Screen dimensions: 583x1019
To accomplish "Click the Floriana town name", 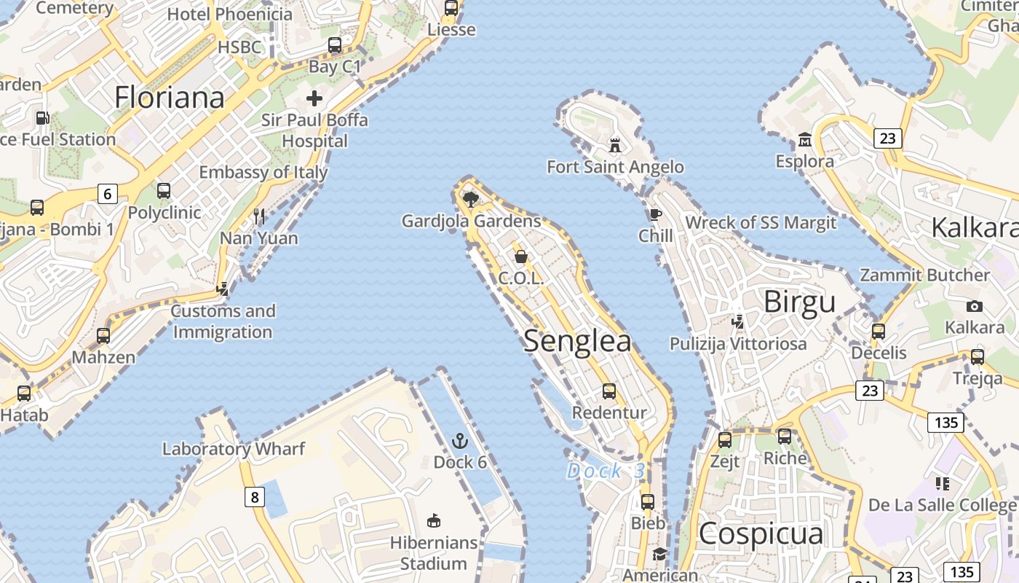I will tap(169, 97).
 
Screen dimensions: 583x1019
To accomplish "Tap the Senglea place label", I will tap(577, 341).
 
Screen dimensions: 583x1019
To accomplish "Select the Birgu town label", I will tap(799, 301).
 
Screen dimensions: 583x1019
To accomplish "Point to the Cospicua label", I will tap(761, 533).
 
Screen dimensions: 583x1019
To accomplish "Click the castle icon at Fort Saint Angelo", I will tap(615, 145).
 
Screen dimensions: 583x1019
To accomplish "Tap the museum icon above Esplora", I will tap(805, 139).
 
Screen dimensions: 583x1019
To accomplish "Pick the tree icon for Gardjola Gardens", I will tap(471, 198).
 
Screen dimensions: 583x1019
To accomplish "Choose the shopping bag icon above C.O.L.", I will tap(521, 257).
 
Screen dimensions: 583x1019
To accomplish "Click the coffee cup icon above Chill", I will tap(655, 214).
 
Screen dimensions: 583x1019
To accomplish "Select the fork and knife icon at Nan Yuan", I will tap(259, 216).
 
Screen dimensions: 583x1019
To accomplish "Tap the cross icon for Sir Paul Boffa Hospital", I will tap(314, 98).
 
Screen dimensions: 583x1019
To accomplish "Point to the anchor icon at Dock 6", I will tap(459, 440).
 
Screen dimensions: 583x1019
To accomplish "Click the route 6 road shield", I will tap(108, 194).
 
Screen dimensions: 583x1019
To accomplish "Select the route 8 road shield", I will tap(253, 498).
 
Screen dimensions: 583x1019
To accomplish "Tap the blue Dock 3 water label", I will tap(606, 471).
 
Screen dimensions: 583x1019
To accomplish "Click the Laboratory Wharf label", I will tap(233, 448).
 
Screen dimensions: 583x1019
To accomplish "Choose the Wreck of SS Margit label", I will tap(761, 222).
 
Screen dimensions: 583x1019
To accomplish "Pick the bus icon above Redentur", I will tap(609, 391).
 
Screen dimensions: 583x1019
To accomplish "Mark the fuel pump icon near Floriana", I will tap(43, 117).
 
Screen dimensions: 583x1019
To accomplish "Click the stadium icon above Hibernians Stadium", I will tap(434, 520).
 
